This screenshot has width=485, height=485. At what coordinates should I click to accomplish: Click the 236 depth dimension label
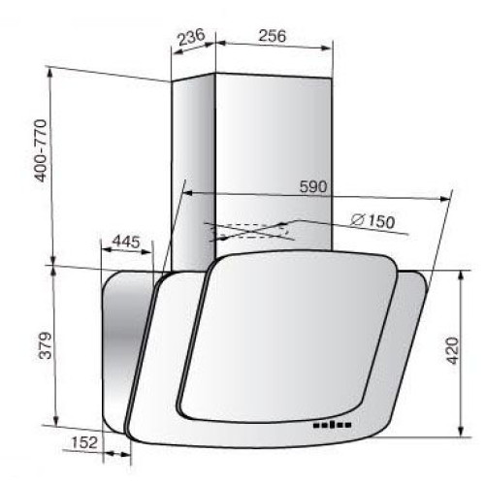(192, 37)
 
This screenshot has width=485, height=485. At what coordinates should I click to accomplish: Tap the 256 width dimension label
(273, 36)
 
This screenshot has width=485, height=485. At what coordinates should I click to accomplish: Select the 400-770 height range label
(42, 150)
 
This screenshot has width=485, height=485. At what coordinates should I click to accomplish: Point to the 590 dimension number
(313, 186)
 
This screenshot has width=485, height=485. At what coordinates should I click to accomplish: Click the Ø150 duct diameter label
(372, 221)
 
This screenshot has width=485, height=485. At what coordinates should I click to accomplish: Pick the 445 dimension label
(126, 242)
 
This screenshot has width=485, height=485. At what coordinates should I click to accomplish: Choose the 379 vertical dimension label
(46, 345)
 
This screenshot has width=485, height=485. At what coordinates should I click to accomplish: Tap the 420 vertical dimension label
(452, 350)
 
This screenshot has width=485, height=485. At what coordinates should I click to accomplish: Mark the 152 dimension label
(84, 442)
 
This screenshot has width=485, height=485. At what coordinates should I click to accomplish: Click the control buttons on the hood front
(332, 425)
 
